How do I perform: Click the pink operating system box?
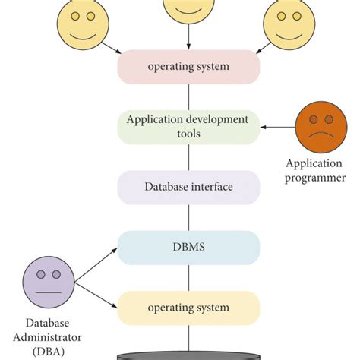pyautogui.click(x=188, y=67)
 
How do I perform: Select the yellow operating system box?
pyautogui.click(x=188, y=308)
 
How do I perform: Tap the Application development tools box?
pyautogui.click(x=188, y=126)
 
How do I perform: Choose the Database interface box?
pyautogui.click(x=188, y=187)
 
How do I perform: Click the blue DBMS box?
pyautogui.click(x=188, y=247)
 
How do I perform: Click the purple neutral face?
pyautogui.click(x=47, y=282)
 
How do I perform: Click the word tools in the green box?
pyautogui.click(x=188, y=134)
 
